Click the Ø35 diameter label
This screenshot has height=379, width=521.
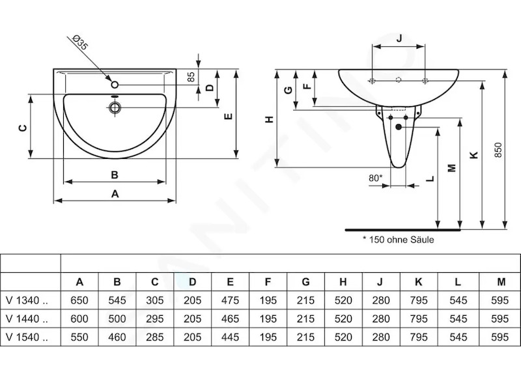click(79, 42)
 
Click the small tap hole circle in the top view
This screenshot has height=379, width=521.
click(115, 85)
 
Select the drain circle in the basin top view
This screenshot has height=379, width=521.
click(115, 107)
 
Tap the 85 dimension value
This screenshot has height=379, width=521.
click(191, 77)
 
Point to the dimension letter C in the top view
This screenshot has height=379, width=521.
click(23, 128)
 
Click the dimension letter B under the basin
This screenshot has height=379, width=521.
click(115, 175)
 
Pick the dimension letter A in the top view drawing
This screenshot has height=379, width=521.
click(115, 193)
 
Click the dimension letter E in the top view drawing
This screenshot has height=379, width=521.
click(228, 117)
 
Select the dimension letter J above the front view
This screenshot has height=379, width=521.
click(399, 38)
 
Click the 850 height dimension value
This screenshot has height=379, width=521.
click(498, 150)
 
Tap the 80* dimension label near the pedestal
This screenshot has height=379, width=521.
click(376, 178)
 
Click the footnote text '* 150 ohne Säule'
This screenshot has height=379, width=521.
click(399, 240)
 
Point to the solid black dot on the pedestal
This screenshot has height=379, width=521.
click(399, 127)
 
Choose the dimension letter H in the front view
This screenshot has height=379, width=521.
click(269, 119)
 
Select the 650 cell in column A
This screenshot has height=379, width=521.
click(79, 300)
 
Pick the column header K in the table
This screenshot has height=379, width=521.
click(418, 282)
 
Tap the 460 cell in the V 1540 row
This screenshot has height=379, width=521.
click(117, 337)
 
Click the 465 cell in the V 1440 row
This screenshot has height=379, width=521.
click(230, 319)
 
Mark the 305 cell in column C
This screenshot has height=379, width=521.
click(155, 300)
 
